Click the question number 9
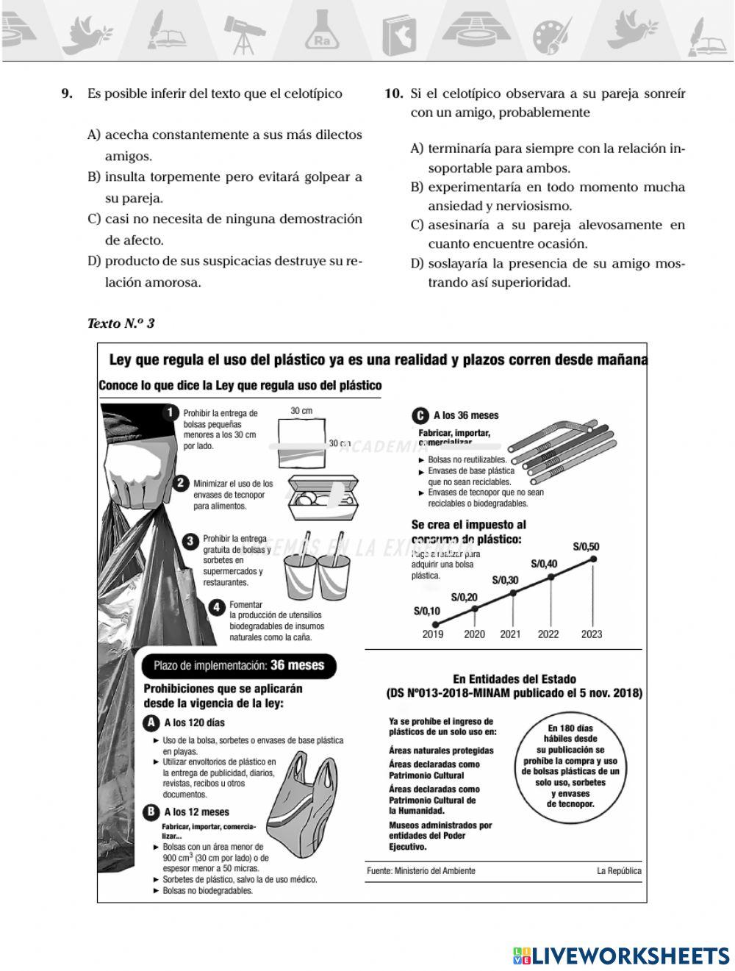coord(66,94)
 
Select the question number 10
coord(394,94)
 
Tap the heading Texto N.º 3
coord(121,323)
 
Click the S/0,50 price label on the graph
coord(586,546)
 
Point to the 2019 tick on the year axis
coord(433,634)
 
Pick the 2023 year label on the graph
coord(592,634)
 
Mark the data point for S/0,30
coord(513,592)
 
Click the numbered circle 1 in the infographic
coord(171,412)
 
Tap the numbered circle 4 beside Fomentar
coord(217,607)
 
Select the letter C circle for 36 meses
coord(420,415)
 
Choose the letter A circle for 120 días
coord(151,723)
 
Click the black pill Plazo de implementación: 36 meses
coord(238,665)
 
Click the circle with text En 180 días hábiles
coord(570,767)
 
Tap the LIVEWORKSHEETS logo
coord(621,955)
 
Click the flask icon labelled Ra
coord(321,33)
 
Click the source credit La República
coord(619,871)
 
